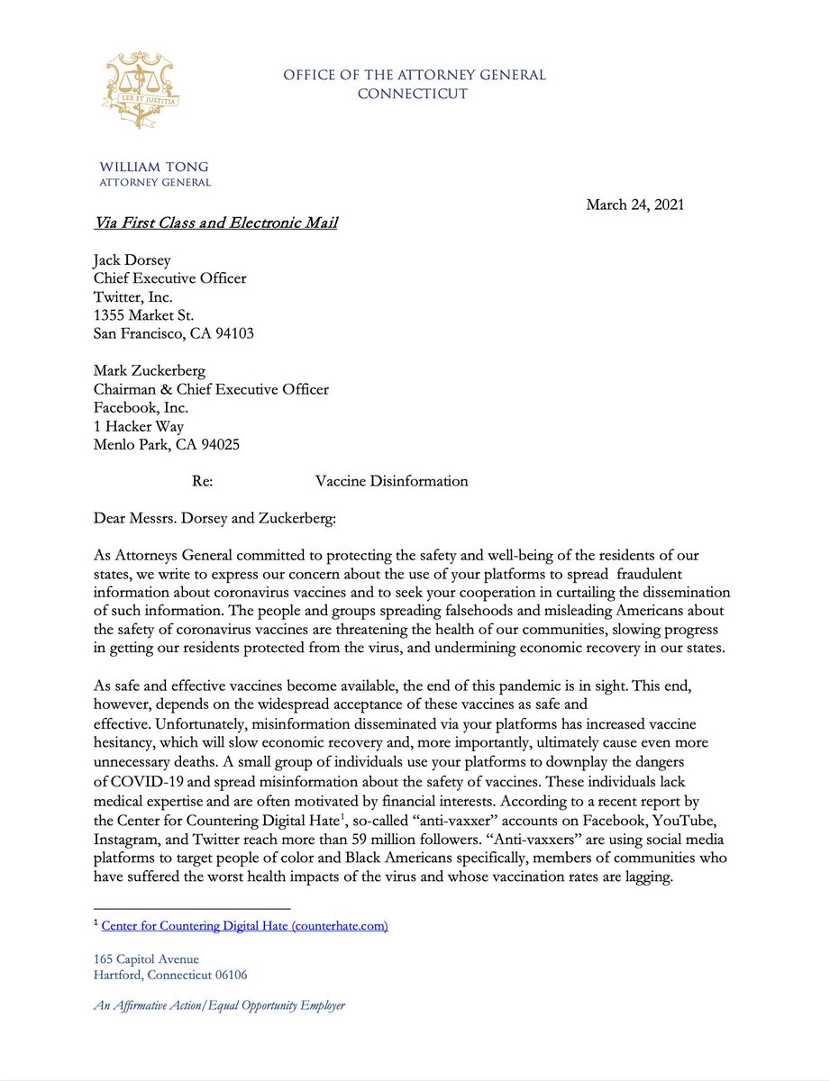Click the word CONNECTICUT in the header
point(413,94)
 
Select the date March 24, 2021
point(634,204)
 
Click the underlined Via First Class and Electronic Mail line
point(216,222)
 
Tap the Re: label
point(202,481)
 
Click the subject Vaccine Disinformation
point(391,481)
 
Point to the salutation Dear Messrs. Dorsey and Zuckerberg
point(223,518)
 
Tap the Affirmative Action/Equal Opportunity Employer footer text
point(219,1005)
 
